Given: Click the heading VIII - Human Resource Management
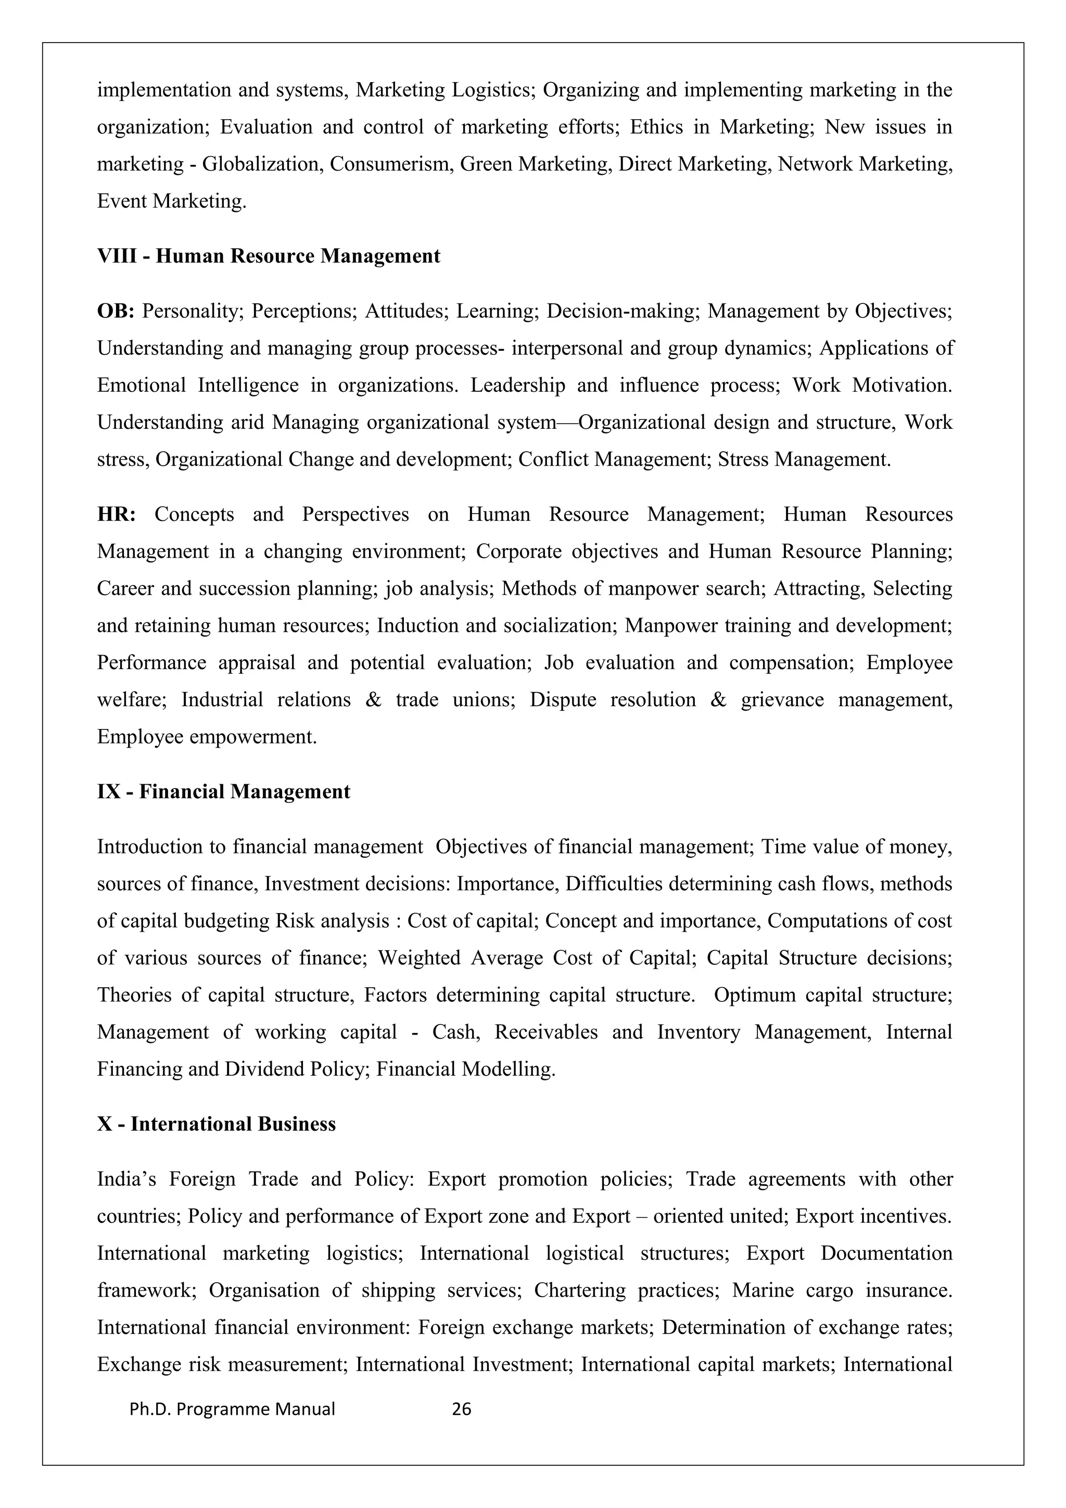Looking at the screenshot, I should click(268, 256).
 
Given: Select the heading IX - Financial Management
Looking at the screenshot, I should click(223, 791).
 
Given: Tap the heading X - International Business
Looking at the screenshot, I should click(216, 1124).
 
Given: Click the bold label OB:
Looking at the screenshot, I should click(116, 311).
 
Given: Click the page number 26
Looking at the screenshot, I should click(462, 1409).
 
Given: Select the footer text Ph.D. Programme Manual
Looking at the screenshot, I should click(233, 1409).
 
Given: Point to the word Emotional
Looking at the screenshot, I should click(141, 385).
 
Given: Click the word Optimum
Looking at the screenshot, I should click(755, 994).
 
